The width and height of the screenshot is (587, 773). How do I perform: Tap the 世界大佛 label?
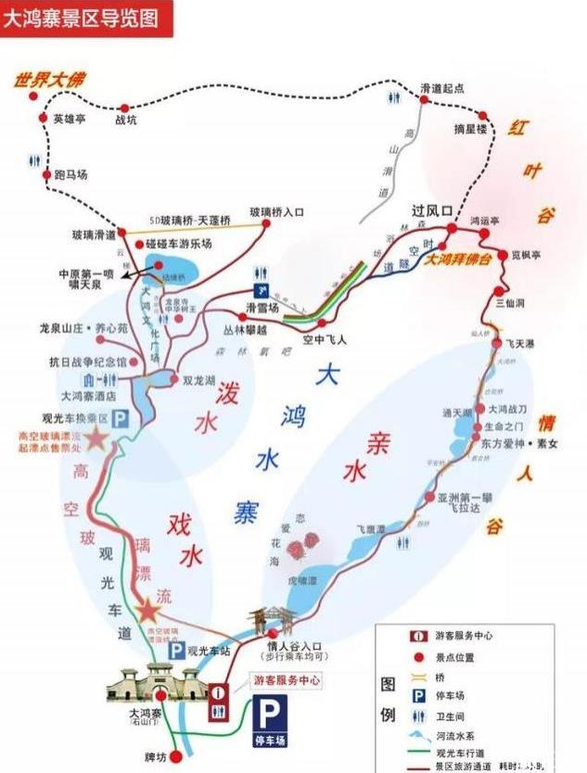(47, 81)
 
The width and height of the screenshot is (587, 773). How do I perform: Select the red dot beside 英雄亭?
(42, 118)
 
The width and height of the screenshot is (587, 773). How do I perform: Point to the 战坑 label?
(125, 120)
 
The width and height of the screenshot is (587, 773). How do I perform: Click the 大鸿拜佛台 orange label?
(458, 260)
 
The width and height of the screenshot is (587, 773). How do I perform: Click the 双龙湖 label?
(199, 378)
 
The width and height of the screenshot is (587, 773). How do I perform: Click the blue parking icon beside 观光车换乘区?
(121, 420)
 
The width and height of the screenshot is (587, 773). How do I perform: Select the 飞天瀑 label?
(518, 343)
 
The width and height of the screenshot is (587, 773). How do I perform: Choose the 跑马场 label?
(70, 173)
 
